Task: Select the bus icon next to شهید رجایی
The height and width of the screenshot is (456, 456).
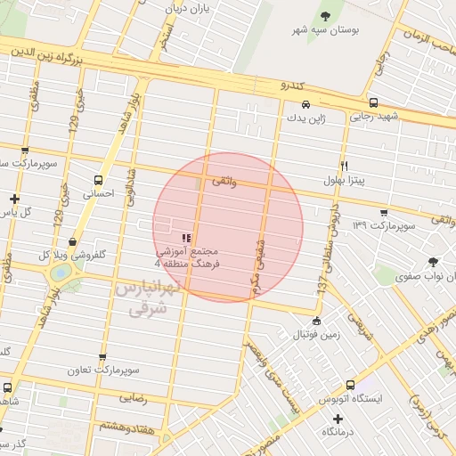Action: (372, 102)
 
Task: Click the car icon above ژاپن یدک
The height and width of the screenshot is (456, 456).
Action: (306, 104)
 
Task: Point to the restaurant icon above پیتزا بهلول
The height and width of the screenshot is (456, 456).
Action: (344, 165)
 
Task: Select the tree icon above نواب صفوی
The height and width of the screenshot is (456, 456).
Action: (433, 262)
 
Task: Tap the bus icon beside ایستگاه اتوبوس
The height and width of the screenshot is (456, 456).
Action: (350, 386)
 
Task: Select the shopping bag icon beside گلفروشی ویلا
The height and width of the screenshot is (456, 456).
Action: (71, 240)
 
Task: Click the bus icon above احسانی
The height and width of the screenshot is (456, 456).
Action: (98, 178)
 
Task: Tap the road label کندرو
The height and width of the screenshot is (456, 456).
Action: (293, 86)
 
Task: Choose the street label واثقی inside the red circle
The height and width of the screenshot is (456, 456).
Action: (224, 180)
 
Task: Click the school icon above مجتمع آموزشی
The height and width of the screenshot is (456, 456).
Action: (186, 238)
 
